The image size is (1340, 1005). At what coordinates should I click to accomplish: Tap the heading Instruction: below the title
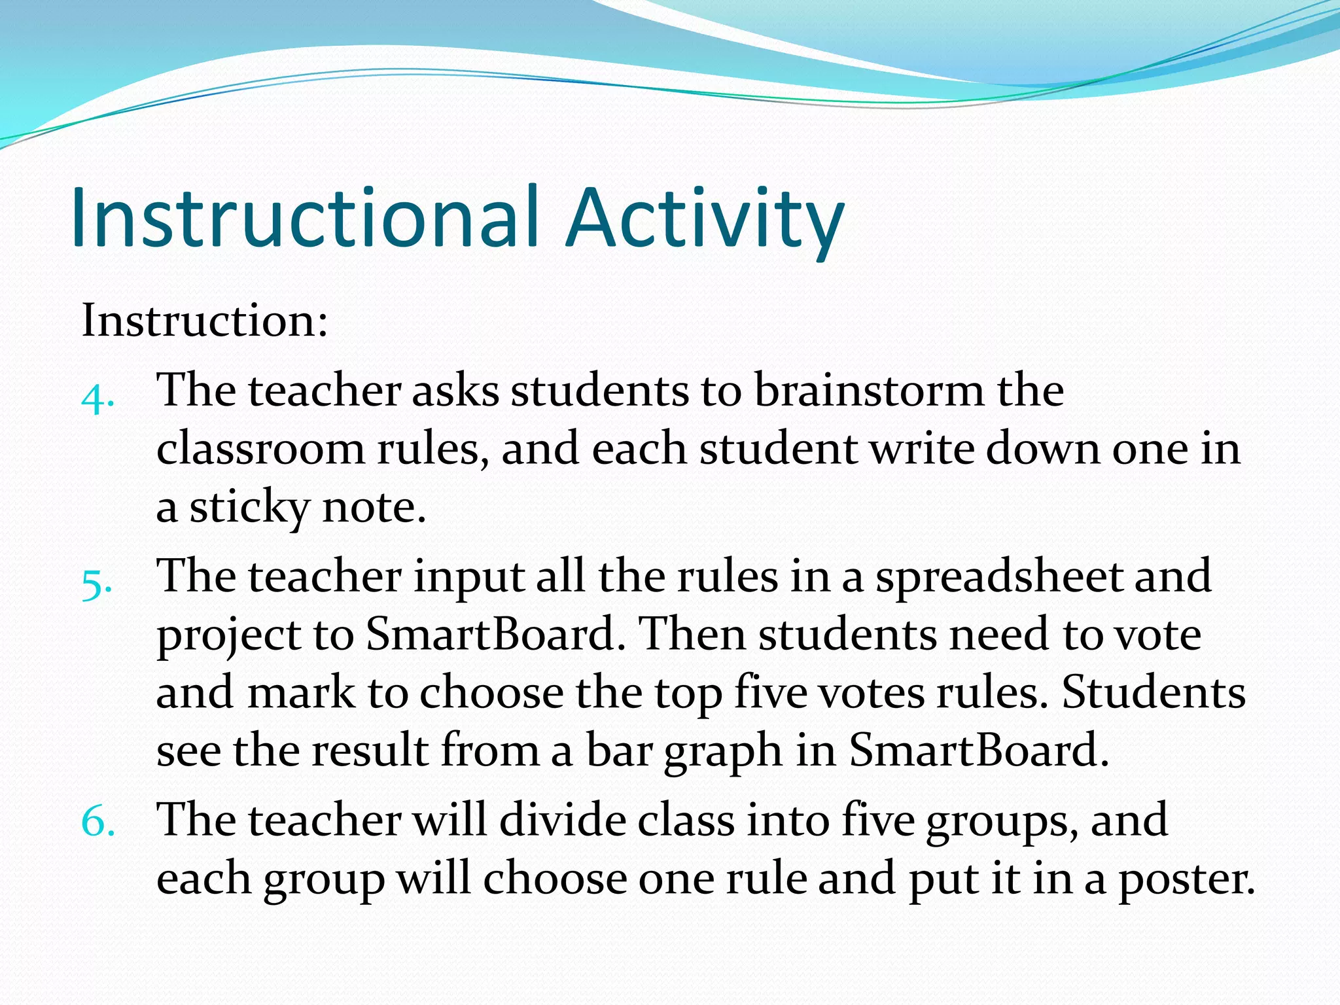(204, 321)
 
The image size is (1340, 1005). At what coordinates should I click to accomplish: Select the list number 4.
(97, 397)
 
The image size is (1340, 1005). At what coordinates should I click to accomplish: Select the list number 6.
(98, 821)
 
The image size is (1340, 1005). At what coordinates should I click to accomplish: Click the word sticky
(249, 508)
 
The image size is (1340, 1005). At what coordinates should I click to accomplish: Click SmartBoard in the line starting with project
(491, 634)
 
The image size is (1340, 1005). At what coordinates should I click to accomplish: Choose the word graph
(723, 751)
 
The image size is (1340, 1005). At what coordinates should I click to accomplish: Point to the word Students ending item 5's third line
(1153, 692)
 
